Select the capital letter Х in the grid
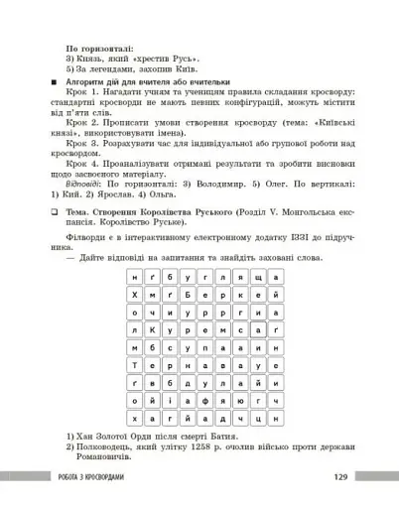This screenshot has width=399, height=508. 135,295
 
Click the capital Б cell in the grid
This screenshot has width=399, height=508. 188,295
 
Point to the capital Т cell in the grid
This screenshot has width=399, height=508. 135,365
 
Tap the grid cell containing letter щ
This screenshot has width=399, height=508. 258,277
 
